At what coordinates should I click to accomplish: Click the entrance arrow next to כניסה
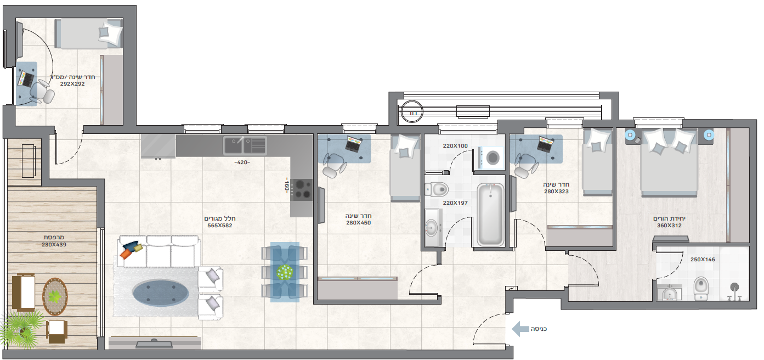[520, 329]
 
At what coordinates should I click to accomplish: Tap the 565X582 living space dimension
[219, 226]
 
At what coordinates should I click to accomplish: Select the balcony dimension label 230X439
[54, 245]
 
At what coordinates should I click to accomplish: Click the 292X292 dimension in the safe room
[72, 84]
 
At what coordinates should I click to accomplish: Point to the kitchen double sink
[245, 145]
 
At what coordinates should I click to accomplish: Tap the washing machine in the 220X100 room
[491, 157]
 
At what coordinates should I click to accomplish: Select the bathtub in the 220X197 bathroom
[490, 215]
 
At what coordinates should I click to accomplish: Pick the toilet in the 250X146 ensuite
[701, 289]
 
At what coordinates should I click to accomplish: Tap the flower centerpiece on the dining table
[285, 272]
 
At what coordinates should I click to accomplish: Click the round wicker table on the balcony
[55, 296]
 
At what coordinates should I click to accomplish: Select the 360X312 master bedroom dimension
[669, 226]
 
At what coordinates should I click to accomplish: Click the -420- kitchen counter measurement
[242, 162]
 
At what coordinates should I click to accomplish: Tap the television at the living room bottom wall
[154, 344]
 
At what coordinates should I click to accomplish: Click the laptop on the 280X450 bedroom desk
[353, 144]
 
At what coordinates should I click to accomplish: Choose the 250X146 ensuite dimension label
[703, 260]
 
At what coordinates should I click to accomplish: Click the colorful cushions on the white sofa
[131, 249]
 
